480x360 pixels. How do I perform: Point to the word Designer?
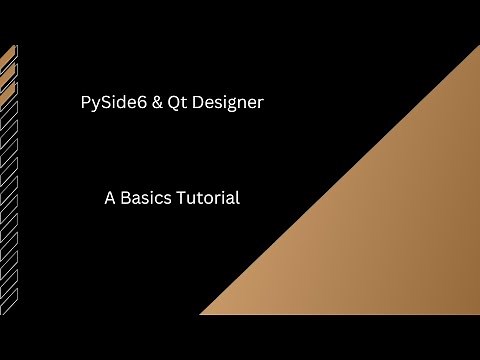click(231, 103)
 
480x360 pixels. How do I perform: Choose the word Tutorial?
click(207, 197)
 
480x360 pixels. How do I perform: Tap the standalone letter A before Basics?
click(110, 197)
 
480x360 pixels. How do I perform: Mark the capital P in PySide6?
click(85, 103)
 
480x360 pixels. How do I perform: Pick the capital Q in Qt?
click(177, 103)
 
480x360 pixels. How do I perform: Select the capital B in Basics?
click(126, 197)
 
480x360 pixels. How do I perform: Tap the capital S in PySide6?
click(107, 103)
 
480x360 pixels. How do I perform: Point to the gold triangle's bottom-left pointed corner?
click(204, 313)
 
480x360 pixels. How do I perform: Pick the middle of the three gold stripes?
click(8, 72)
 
